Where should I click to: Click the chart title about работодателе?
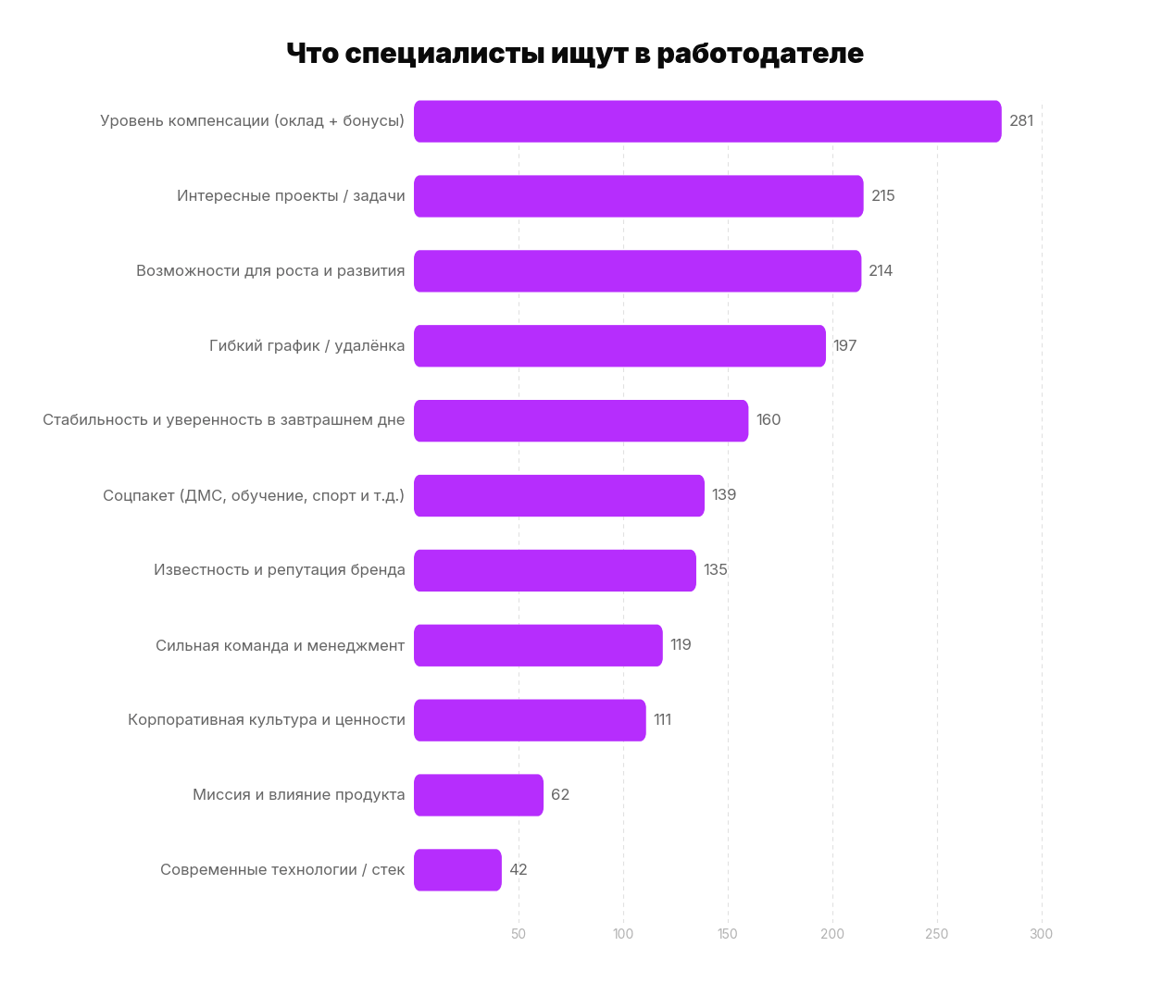[574, 54]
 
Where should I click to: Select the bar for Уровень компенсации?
[707, 121]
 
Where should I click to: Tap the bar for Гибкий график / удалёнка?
[619, 346]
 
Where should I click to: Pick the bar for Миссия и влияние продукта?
[479, 795]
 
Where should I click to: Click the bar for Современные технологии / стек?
[457, 870]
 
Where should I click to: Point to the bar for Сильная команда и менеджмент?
[538, 645]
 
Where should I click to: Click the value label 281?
[1021, 121]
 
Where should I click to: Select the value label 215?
[883, 196]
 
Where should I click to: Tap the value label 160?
[769, 420]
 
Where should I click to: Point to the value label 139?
[724, 495]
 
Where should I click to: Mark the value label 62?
[560, 795]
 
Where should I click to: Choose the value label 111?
[662, 720]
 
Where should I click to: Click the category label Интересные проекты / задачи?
[291, 196]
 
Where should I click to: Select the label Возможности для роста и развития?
[270, 271]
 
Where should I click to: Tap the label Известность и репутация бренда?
[280, 570]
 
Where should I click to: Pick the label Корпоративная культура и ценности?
[267, 720]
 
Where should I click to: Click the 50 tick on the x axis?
[519, 934]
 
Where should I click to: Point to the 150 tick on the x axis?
[728, 934]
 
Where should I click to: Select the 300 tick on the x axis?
[1041, 934]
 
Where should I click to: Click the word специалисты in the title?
[444, 54]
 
